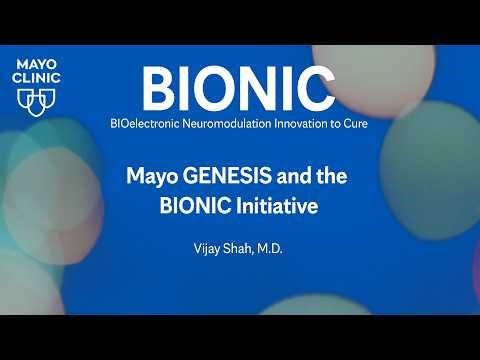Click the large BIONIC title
click(x=237, y=88)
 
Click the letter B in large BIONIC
click(x=159, y=88)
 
